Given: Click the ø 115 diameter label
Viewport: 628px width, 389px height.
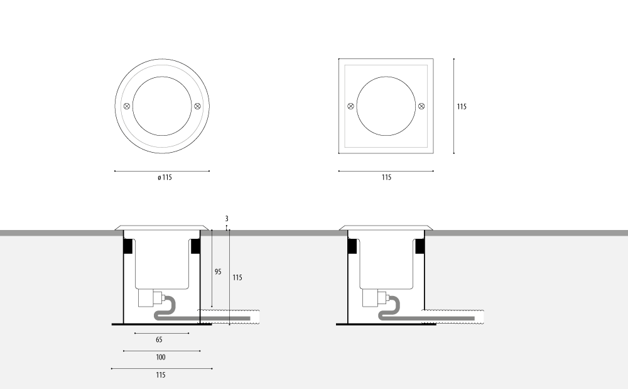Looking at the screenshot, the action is (165, 177).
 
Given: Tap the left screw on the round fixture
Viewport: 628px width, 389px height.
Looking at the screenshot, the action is (127, 106).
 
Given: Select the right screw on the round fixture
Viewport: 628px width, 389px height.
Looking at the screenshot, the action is (197, 106).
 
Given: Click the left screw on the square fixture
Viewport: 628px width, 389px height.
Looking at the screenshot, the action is (350, 106).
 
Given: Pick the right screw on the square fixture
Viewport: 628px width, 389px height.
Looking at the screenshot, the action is (421, 106).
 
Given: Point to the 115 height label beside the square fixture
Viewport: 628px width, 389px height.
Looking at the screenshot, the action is (462, 107).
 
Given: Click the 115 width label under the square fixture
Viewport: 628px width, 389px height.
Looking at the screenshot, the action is (386, 177).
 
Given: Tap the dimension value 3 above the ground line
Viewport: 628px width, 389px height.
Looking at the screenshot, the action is (227, 219).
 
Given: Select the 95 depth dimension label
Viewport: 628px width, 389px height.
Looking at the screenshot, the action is (218, 271).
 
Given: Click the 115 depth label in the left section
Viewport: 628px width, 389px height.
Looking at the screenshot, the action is (237, 277).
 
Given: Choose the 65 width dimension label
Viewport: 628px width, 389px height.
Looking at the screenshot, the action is (159, 340).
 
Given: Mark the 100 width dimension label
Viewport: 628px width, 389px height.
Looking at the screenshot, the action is (161, 358).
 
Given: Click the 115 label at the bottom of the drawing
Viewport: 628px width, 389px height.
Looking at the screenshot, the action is (161, 375).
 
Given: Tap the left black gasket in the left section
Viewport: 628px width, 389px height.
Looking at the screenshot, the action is (128, 246).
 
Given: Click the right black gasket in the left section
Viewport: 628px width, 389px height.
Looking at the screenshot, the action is (195, 246).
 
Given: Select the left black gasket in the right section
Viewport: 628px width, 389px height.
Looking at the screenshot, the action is (352, 246).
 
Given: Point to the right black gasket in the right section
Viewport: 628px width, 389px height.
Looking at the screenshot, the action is (420, 246).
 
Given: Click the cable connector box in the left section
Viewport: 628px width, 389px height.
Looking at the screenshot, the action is (146, 298).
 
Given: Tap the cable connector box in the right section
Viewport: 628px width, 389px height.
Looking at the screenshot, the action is (371, 298).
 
